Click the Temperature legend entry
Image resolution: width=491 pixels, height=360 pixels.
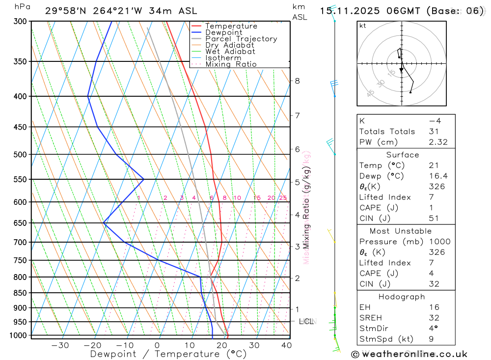point(231,26)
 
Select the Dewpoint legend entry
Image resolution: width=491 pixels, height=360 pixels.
point(223,32)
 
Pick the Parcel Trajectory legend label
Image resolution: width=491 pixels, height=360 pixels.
point(241,39)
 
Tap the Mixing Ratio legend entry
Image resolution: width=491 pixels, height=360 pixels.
point(231,64)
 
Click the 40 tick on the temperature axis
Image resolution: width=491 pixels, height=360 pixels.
point(287,345)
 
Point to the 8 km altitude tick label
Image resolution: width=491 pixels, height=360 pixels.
point(298,81)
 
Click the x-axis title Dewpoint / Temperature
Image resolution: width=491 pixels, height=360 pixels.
point(168,354)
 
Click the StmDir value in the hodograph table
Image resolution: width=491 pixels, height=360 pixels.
point(432,329)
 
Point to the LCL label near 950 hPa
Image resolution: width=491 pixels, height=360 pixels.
point(306,322)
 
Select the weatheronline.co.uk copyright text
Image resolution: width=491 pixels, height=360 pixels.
point(409,354)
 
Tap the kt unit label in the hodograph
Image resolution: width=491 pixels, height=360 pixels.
point(363,26)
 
